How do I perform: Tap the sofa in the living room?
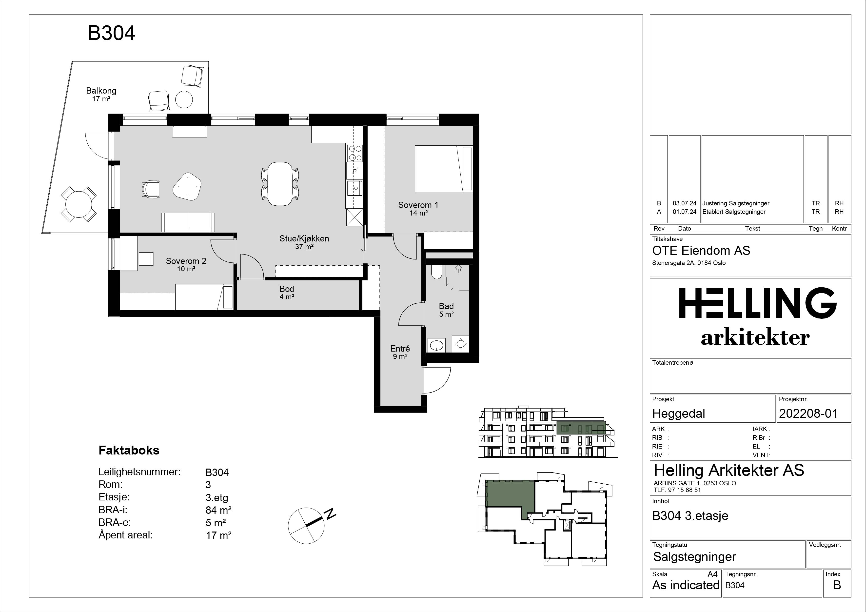tap(188, 222)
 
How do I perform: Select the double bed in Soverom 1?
tap(444, 169)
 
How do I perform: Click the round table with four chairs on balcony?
tap(79, 204)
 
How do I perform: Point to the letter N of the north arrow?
tap(331, 513)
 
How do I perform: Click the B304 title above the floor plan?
tap(111, 33)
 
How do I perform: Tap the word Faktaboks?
tap(129, 450)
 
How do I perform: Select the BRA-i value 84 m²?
tap(218, 510)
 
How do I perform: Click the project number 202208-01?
tap(808, 414)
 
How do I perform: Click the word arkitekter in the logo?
tap(755, 337)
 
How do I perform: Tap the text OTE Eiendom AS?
tap(701, 251)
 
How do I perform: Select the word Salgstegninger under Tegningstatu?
tap(695, 557)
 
